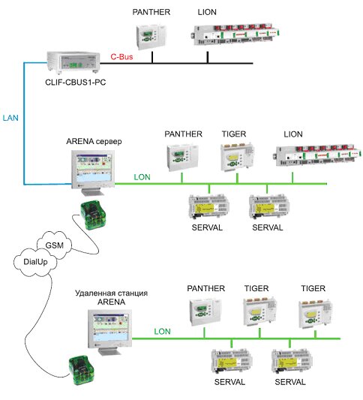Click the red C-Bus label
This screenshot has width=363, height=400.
[121, 56]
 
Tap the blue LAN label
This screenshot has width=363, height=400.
[10, 118]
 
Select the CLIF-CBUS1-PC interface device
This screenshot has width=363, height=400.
[73, 62]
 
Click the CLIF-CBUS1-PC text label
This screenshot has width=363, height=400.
[76, 82]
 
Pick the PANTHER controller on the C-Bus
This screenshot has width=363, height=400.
[151, 37]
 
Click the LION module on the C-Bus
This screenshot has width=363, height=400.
[235, 35]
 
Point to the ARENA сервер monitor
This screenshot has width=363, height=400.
[93, 173]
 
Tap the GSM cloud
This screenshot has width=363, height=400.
[54, 245]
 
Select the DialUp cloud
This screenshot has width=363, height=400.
[35, 262]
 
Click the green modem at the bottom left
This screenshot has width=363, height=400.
[82, 370]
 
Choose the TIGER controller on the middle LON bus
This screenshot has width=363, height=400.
[237, 157]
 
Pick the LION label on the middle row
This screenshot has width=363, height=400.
[293, 134]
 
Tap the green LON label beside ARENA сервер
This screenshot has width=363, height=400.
[142, 177]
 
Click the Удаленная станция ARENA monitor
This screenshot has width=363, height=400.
[109, 332]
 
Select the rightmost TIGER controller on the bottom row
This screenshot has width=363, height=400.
[316, 314]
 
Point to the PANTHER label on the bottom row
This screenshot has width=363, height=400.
[206, 288]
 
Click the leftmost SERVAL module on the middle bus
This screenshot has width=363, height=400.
[208, 206]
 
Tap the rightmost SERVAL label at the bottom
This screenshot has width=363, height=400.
[290, 382]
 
